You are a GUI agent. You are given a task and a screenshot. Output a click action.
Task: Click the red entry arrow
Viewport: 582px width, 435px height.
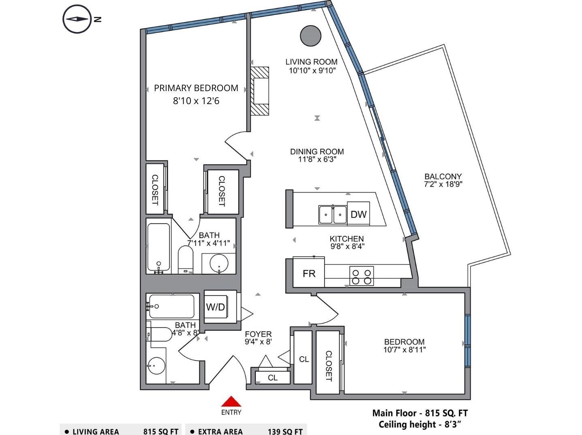coord(231,401)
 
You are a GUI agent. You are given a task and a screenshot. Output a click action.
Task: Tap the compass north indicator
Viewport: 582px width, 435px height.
coord(77,19)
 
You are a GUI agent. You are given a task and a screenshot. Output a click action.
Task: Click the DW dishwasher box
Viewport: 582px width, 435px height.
coord(358,214)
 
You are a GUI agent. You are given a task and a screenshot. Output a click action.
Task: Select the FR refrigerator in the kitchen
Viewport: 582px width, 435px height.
coord(309,273)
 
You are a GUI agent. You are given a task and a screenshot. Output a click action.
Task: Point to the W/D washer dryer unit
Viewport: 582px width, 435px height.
coord(215,307)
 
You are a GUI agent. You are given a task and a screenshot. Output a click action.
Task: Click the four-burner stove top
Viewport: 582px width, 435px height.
coord(362,276)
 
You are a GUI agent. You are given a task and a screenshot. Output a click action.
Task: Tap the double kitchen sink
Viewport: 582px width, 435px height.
coord(333,215)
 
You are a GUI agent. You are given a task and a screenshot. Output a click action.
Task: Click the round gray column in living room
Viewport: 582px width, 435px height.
coord(310,36)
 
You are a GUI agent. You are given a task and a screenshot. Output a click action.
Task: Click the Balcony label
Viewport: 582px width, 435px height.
coord(443,177)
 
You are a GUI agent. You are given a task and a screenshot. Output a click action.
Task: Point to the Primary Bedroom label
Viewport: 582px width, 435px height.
coord(196,88)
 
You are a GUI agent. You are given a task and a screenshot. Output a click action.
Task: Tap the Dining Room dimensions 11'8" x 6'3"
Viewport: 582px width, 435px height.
coord(317,160)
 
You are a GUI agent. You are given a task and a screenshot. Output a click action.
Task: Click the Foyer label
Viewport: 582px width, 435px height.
coord(258,334)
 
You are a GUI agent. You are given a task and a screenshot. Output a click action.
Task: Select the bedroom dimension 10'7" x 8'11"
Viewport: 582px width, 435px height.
coord(404,350)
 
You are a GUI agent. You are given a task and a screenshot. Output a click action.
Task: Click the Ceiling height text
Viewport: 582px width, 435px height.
coord(420,424)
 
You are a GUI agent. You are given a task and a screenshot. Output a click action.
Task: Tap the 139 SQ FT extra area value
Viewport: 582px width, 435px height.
coord(285,431)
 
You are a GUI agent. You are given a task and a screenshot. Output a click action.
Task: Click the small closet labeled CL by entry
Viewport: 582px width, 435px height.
coord(273,377)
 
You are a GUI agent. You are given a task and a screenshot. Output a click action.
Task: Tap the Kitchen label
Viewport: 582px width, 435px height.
coord(347,239)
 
